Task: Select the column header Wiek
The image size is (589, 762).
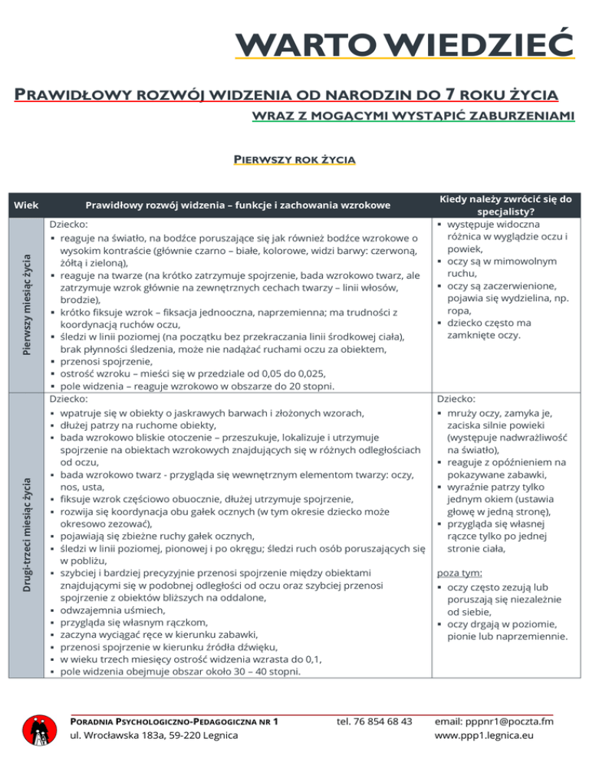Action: coord(25,205)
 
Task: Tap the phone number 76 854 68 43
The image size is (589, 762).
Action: coord(375,721)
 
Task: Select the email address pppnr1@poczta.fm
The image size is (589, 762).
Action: coord(494,721)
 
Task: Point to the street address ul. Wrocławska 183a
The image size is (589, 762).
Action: coord(153,736)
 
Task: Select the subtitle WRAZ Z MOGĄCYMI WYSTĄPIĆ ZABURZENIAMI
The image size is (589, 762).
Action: coord(414,117)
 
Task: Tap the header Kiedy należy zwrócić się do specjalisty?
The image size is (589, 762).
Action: coord(505,205)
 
